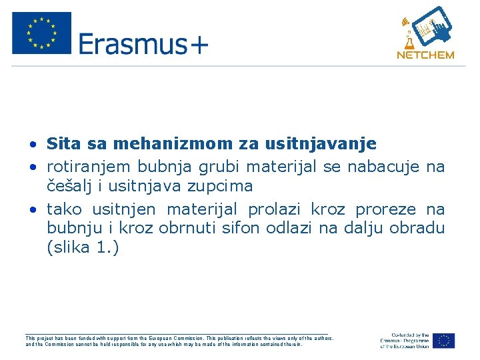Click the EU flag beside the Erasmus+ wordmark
pyautogui.click(x=41, y=33)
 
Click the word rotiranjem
pyautogui.click(x=87, y=166)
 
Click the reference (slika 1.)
pyautogui.click(x=82, y=249)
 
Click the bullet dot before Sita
pyautogui.click(x=32, y=145)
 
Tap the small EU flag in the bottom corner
pyautogui.click(x=443, y=340)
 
